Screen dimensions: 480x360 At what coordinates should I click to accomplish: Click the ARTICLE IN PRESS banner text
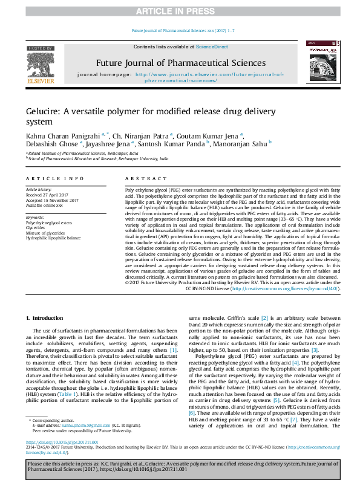click(180, 11)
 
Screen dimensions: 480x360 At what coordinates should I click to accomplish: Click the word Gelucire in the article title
click(42, 112)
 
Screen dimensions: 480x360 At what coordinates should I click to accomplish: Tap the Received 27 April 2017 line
click(48, 194)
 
